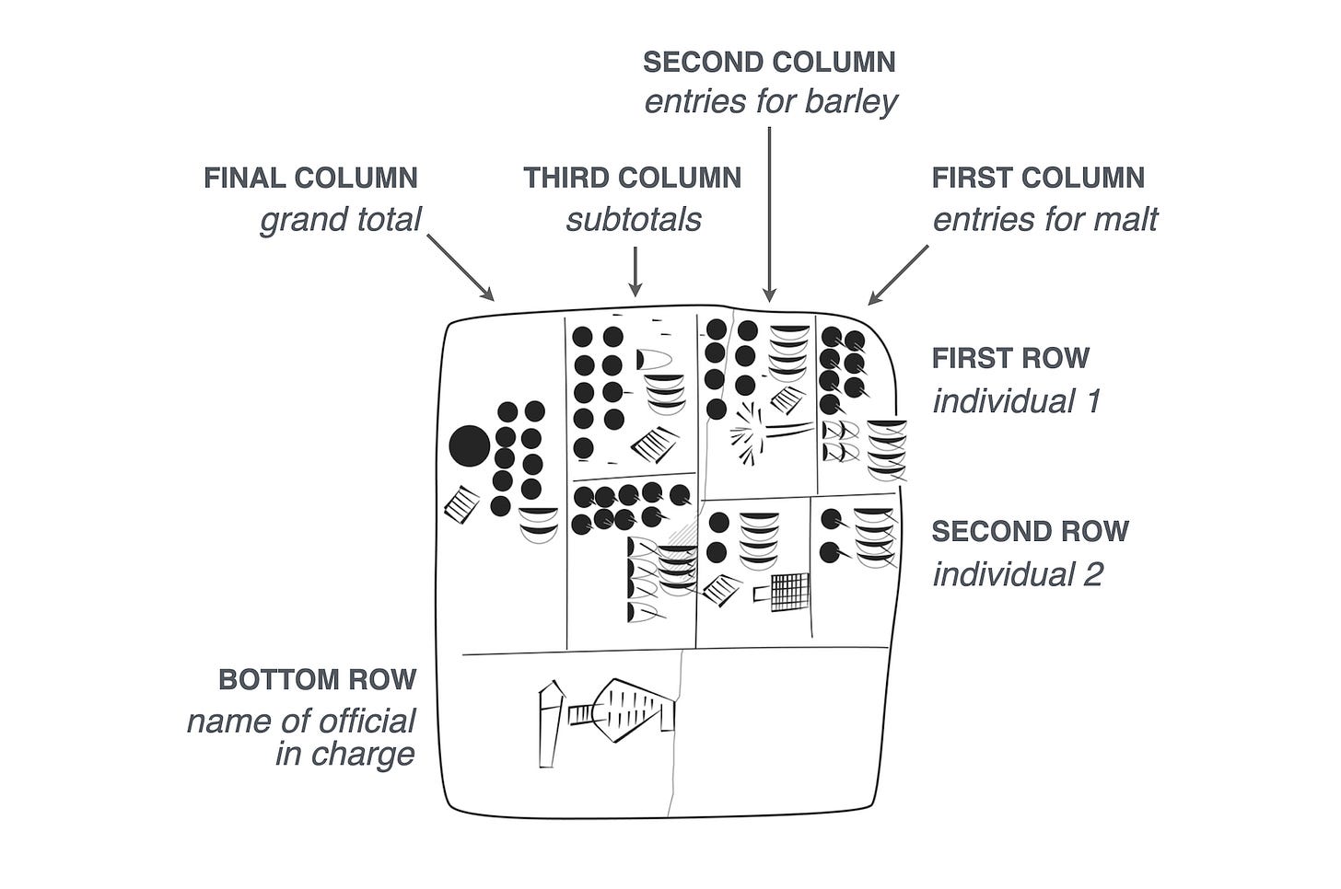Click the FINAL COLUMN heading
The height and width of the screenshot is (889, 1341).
310,178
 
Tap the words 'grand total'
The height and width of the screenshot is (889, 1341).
340,220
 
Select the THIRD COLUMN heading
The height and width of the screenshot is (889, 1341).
632,178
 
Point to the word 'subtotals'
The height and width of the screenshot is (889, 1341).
633,220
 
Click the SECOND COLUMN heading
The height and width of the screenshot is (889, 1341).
769,62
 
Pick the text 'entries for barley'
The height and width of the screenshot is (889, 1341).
770,101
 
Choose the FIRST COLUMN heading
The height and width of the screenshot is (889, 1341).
1038,178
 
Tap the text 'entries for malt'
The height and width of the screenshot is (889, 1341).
1045,220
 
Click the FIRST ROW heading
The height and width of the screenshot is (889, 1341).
1010,357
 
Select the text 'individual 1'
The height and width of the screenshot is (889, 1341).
1016,401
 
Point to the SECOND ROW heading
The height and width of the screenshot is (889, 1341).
1030,531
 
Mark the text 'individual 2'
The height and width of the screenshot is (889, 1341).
1018,575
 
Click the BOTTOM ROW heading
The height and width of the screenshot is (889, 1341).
317,679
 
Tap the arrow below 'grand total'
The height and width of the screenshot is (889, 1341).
461,267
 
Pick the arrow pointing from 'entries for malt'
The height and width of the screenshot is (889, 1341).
898,274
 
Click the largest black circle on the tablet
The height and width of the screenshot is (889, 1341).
470,446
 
